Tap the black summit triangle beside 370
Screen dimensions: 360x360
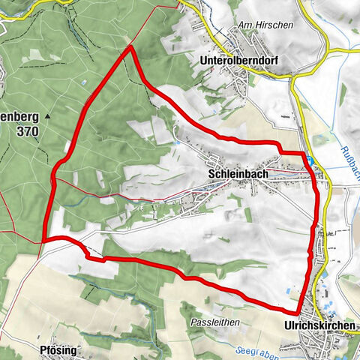coord(47,117)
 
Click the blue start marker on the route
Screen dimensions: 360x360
coord(309,160)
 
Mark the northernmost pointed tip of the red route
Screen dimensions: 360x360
coord(131,47)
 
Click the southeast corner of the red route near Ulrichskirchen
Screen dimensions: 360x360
coord(298,312)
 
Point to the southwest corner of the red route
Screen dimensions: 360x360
coord(46,239)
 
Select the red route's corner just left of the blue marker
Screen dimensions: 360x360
coord(281,152)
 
